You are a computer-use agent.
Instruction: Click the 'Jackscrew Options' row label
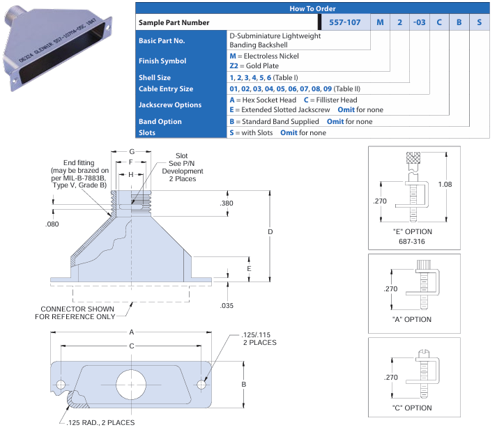(170, 105)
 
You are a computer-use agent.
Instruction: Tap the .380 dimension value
(227, 203)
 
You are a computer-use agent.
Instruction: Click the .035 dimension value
(227, 305)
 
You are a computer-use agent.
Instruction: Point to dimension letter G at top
(131, 152)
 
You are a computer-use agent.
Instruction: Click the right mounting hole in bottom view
(202, 384)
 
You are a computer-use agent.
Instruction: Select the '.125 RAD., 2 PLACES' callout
(97, 422)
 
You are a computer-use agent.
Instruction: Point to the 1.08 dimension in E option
(447, 185)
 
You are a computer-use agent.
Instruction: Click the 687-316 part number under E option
(413, 241)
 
